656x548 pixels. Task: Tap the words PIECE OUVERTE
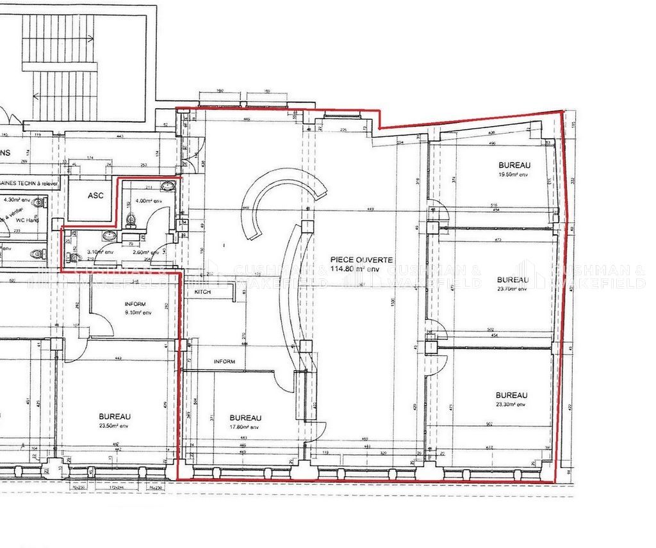click(361, 259)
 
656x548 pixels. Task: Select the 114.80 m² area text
click(361, 268)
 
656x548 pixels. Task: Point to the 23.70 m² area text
click(512, 289)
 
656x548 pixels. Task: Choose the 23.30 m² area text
click(511, 404)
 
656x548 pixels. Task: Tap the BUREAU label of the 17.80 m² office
click(245, 418)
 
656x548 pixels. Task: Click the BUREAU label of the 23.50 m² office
click(115, 416)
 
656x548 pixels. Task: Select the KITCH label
click(202, 291)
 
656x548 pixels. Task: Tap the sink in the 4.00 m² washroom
click(168, 186)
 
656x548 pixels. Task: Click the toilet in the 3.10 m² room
click(74, 257)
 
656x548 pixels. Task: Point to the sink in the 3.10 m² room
click(109, 236)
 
